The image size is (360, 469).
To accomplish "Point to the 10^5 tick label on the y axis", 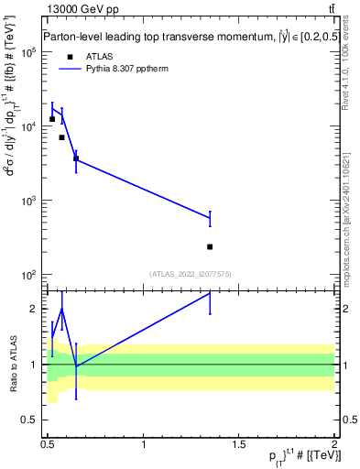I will [x=27, y=52].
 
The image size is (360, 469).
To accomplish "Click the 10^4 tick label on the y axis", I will [x=27, y=126].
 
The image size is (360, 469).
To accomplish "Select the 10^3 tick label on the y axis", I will [x=27, y=201].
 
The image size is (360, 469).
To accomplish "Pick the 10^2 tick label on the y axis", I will [x=27, y=275].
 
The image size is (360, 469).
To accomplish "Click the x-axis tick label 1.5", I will [x=239, y=445].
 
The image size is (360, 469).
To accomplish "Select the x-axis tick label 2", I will [x=334, y=445].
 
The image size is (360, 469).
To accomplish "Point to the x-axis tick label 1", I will [x=145, y=445].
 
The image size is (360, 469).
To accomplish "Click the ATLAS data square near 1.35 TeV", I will [x=211, y=246].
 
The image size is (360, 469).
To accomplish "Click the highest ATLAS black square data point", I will [x=52, y=119].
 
